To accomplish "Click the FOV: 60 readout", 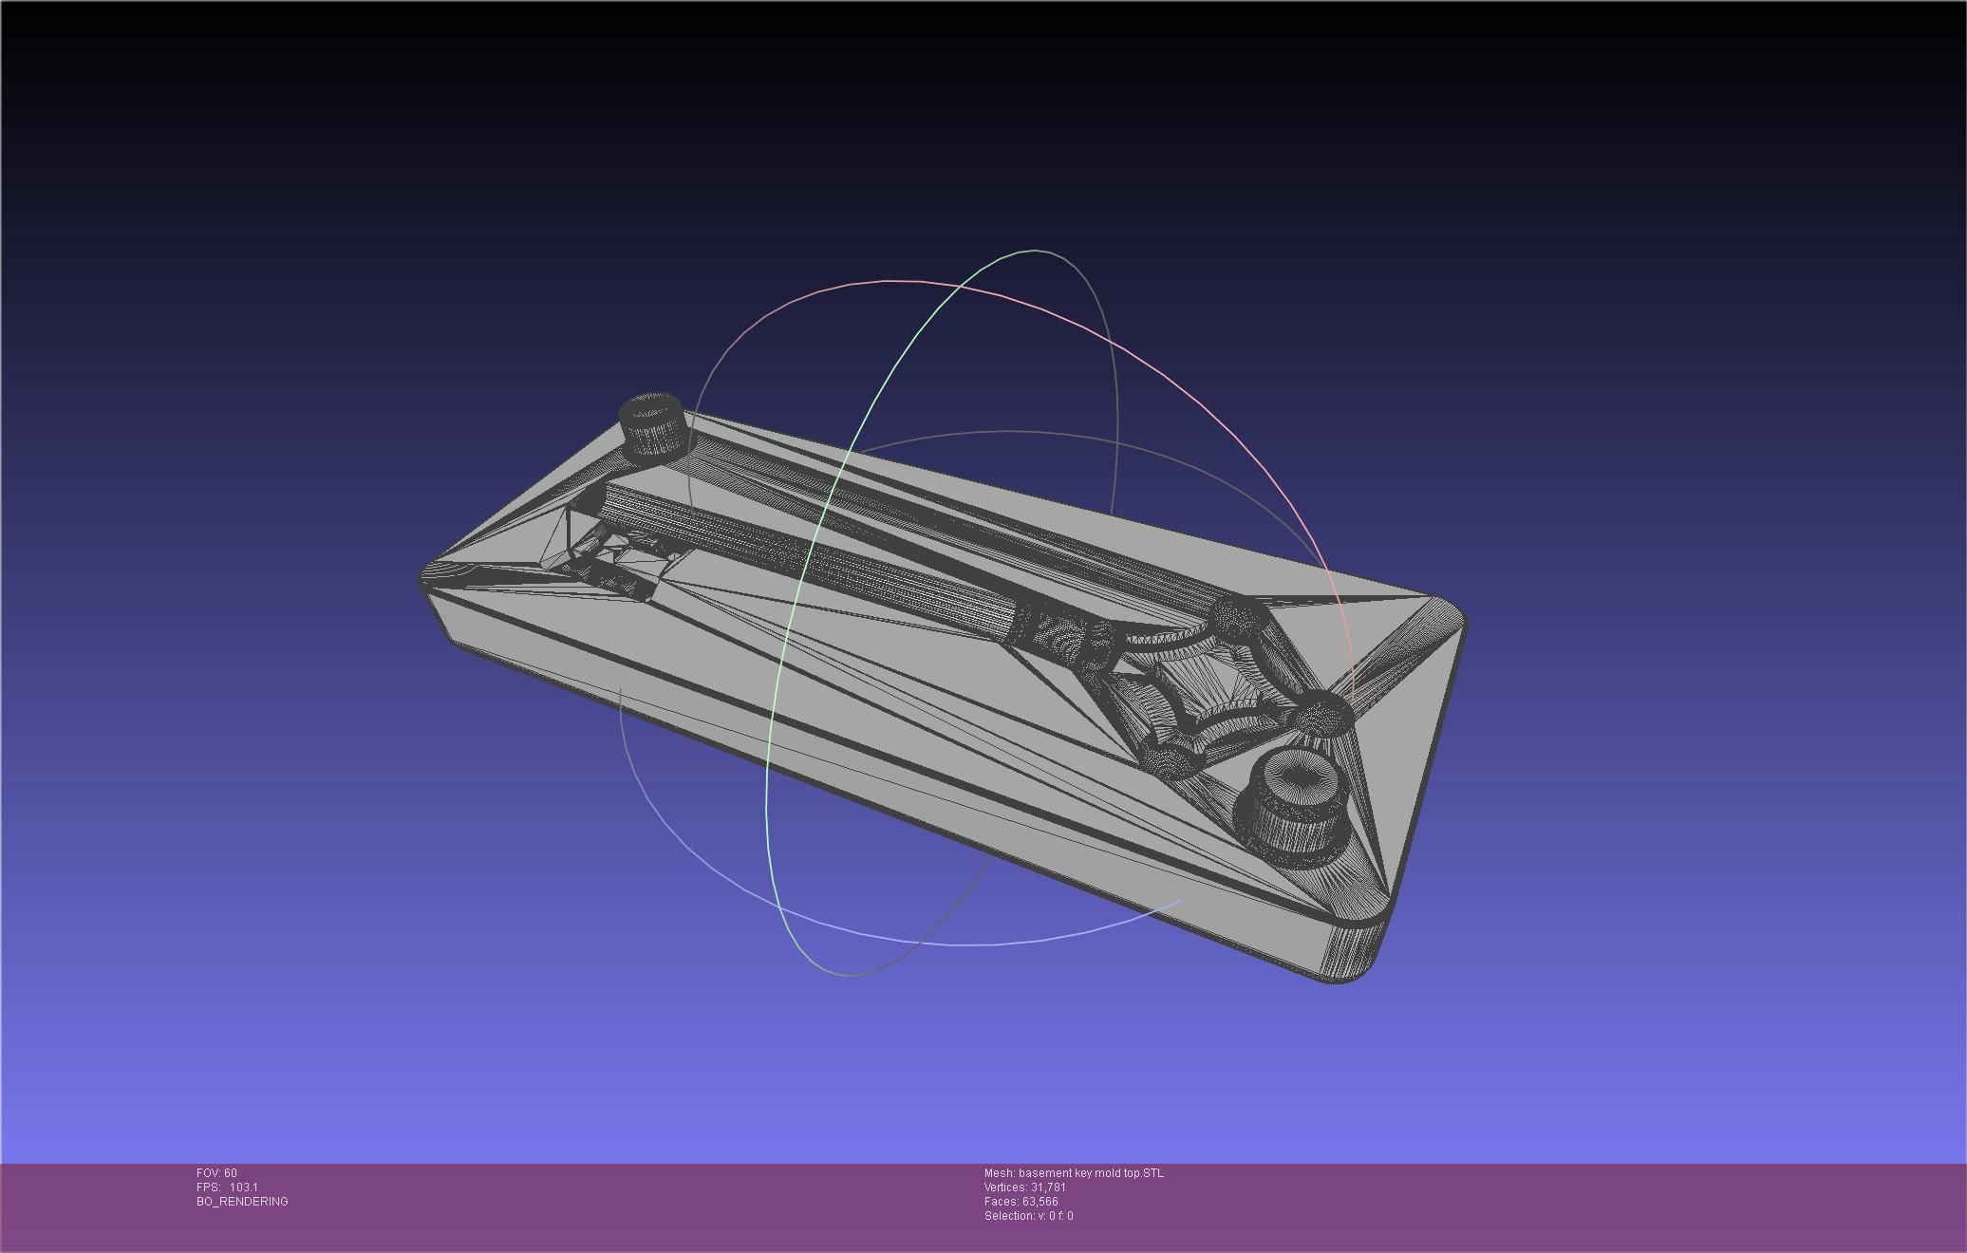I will tap(216, 1173).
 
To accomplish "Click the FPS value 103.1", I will tap(243, 1188).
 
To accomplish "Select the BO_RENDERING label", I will tap(242, 1202).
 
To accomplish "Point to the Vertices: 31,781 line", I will tap(1024, 1188).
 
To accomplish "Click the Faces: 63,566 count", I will tap(1021, 1202).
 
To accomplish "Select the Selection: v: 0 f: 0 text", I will tap(1028, 1216).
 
